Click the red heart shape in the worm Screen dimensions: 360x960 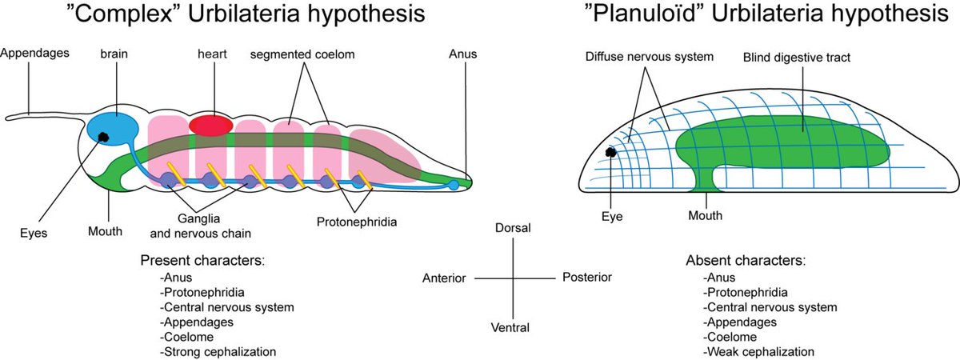210,124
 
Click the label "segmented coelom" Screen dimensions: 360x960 302,54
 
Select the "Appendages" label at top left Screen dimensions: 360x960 35,54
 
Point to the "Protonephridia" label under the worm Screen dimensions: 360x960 357,218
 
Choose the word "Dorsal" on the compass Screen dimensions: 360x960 513,229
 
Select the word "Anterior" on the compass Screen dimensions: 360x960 445,278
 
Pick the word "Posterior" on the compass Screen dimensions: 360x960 586,277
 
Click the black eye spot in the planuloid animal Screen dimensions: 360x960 612,152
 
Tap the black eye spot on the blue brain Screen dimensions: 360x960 104,137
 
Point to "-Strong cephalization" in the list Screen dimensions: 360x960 218,351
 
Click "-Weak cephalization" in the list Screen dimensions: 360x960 758,351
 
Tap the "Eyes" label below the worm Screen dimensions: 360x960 35,233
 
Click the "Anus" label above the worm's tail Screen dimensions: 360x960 462,54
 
